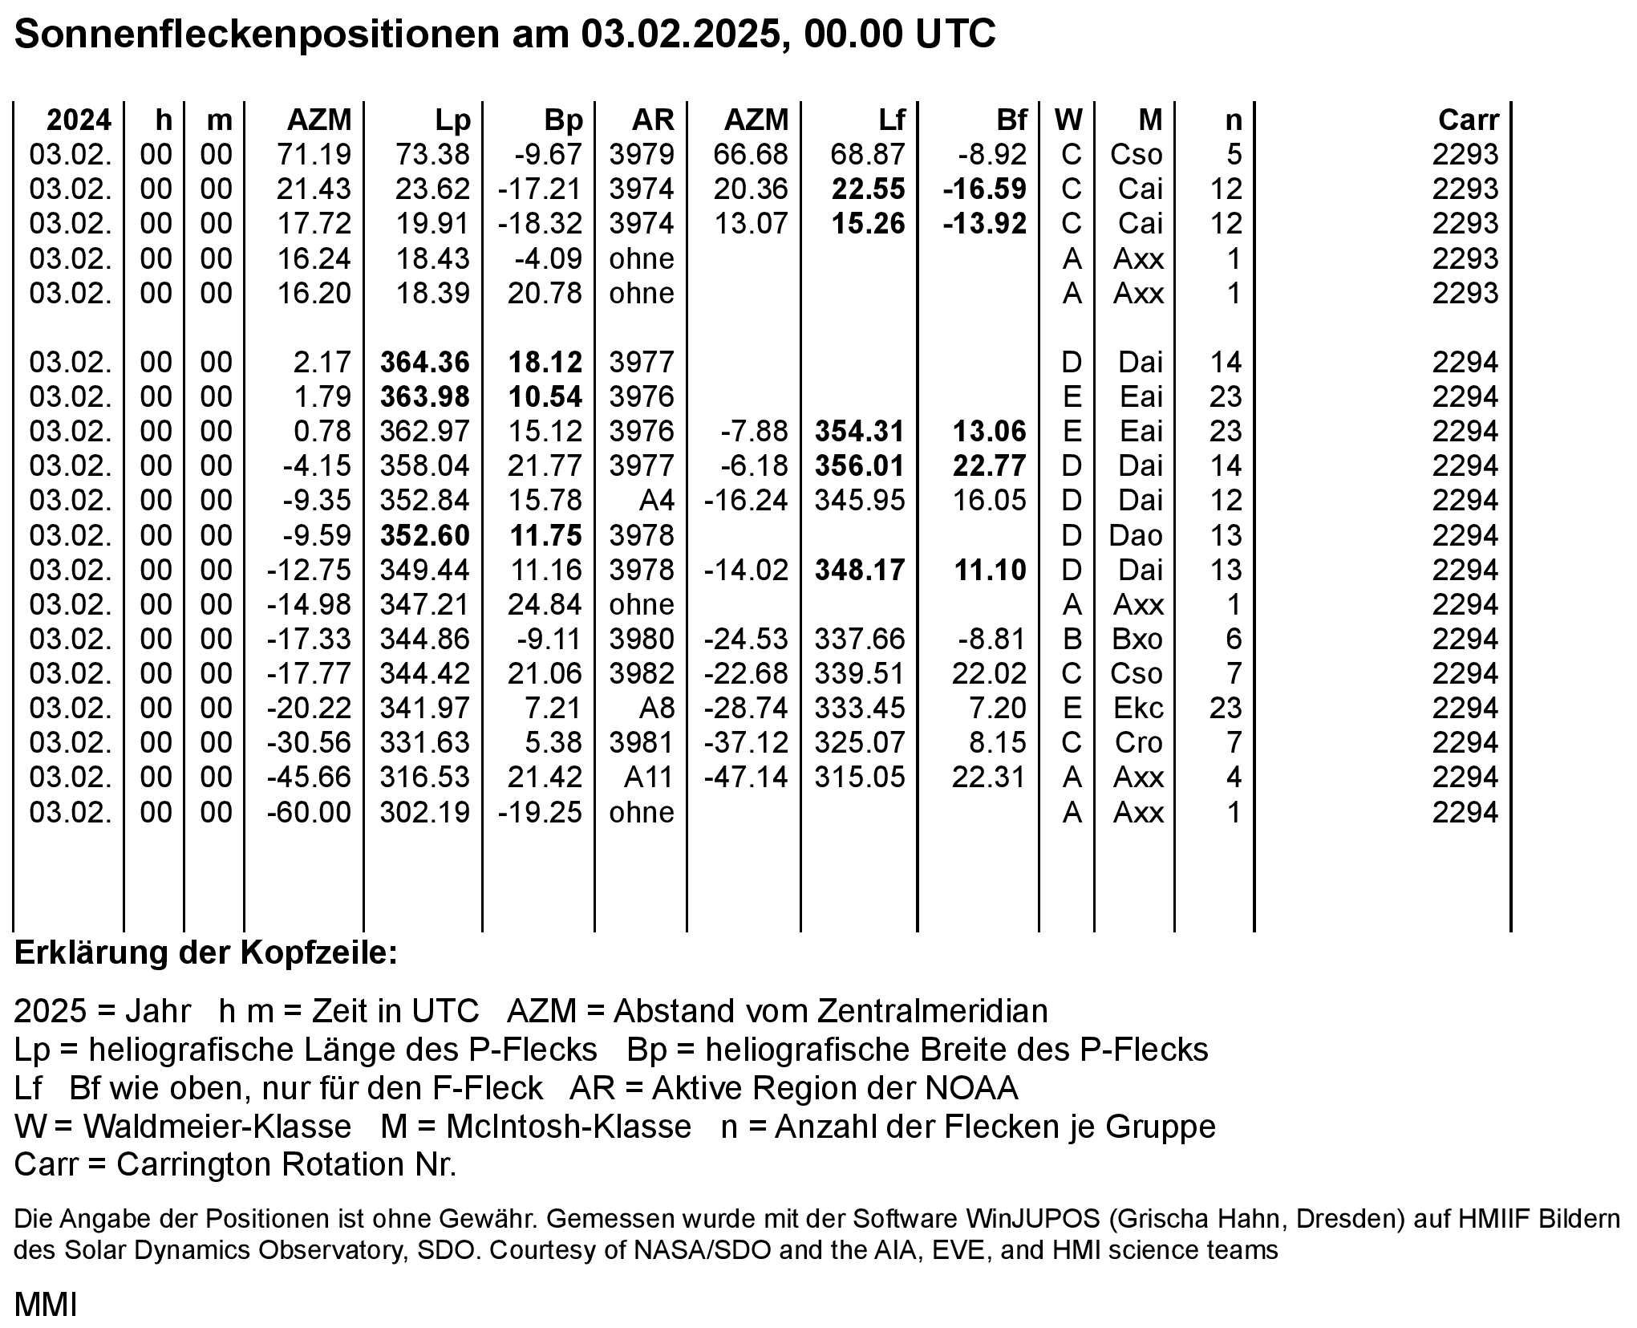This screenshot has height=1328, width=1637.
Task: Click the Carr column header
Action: [1468, 120]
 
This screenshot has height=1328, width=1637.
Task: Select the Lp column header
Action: [452, 120]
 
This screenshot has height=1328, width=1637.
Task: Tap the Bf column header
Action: [1011, 120]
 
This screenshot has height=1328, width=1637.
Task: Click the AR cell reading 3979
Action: [642, 154]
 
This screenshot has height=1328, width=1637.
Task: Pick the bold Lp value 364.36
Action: [424, 363]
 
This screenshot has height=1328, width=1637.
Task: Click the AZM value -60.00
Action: [309, 813]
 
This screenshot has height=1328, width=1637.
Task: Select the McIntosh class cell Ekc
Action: [1138, 709]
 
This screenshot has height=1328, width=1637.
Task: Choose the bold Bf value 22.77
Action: [989, 466]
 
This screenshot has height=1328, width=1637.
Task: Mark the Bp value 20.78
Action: [545, 294]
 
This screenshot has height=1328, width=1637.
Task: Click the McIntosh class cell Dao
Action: [1136, 535]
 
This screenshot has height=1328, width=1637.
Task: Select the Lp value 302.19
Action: [424, 813]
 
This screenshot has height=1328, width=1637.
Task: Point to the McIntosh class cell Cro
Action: [1138, 743]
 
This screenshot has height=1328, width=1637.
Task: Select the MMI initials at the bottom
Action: [46, 1306]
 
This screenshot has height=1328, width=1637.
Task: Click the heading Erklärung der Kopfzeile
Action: [206, 953]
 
